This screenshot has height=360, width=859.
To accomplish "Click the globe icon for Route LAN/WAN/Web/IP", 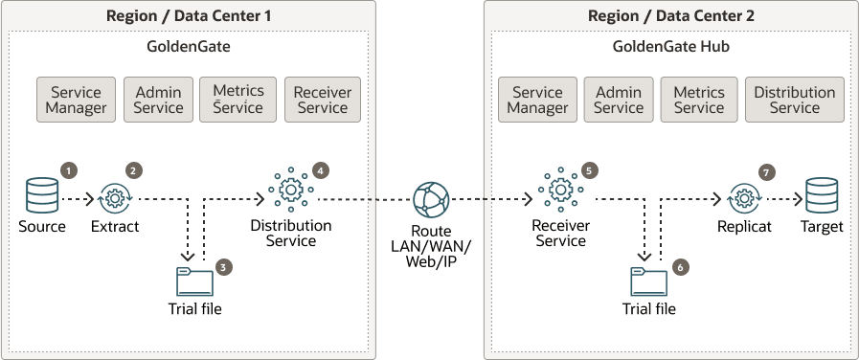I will click(429, 200).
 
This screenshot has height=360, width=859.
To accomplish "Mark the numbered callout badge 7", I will click(764, 172).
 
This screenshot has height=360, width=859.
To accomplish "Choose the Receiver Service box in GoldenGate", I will click(323, 100).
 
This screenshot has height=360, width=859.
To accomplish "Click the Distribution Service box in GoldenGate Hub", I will click(794, 100).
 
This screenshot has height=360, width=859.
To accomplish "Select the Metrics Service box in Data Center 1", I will click(237, 100).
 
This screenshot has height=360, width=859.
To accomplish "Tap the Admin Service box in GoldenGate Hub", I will click(618, 100).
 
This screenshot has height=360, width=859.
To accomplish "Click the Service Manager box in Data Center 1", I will click(77, 100).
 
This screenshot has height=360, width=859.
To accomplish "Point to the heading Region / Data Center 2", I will click(667, 15).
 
